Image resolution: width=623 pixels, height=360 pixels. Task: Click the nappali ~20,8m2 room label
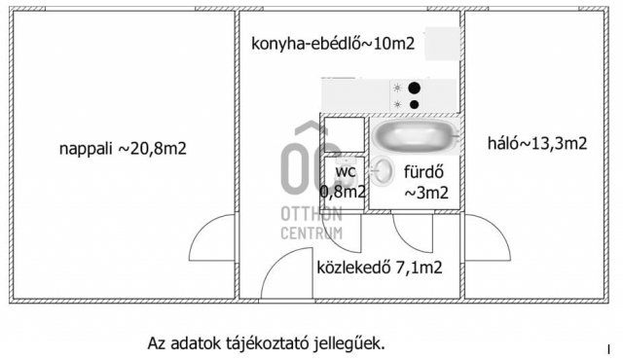pyautogui.click(x=123, y=149)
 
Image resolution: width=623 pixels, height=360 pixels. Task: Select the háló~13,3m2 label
pyautogui.click(x=536, y=144)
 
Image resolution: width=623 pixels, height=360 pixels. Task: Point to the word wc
pyautogui.click(x=345, y=171)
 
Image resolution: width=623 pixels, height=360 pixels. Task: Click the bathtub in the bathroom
pyautogui.click(x=413, y=134)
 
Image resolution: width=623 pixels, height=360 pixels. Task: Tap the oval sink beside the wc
pyautogui.click(x=384, y=171)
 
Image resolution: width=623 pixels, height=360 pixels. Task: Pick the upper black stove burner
pyautogui.click(x=415, y=87)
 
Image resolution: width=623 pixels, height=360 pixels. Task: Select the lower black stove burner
pyautogui.click(x=415, y=103)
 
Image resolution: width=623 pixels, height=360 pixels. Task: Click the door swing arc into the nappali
pyautogui.click(x=216, y=236)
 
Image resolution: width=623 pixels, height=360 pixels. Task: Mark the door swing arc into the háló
pyautogui.click(x=488, y=237)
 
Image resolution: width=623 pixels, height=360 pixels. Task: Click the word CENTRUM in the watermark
pyautogui.click(x=311, y=233)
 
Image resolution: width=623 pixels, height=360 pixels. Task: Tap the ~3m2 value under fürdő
pyautogui.click(x=426, y=192)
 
